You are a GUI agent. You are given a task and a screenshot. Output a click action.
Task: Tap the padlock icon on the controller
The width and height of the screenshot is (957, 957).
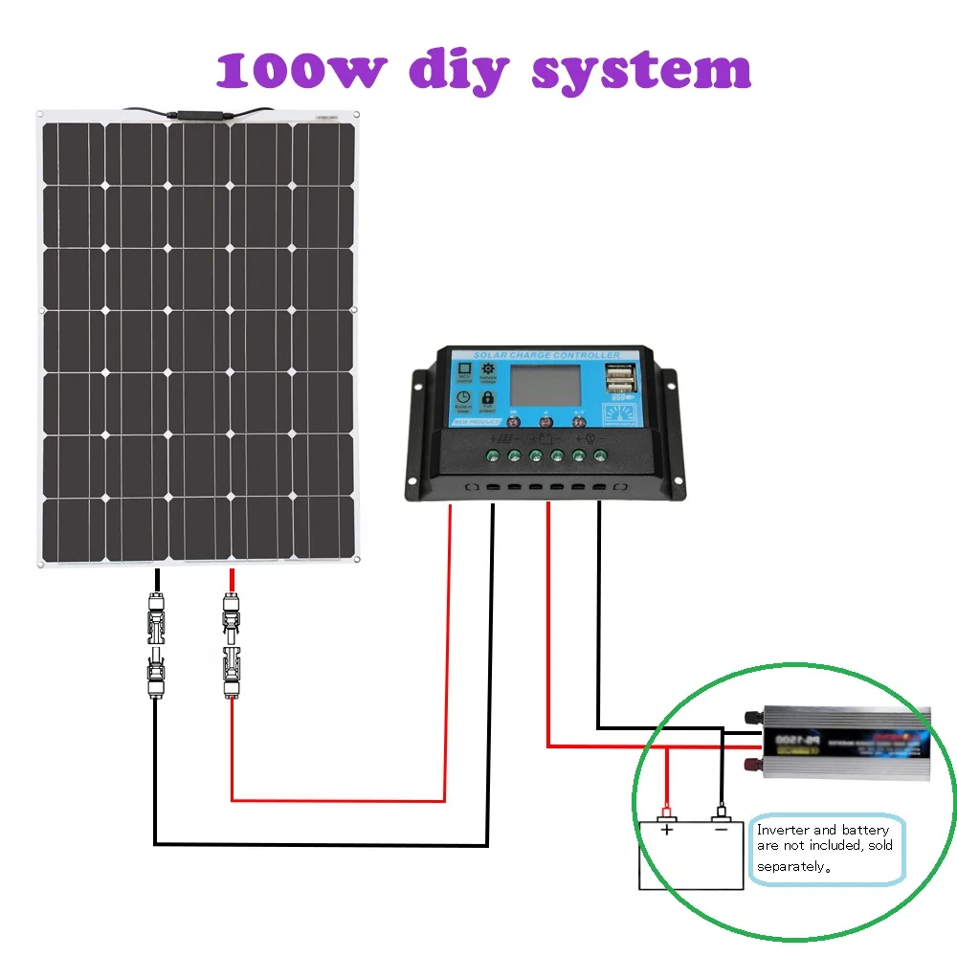pos(487,397)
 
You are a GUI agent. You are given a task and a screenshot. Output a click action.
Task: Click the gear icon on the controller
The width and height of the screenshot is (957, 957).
pos(487,369)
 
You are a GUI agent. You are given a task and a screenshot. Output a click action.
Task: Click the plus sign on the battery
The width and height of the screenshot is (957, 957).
pos(667,829)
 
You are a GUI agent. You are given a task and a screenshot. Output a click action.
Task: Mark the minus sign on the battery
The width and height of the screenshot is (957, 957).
pos(721,829)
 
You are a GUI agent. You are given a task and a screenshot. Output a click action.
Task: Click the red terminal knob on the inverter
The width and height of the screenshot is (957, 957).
pos(751,764)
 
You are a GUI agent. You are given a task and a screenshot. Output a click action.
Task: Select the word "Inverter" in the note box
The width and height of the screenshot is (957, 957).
pos(783,830)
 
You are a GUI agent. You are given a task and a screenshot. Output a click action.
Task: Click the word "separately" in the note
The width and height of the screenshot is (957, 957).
pos(790,866)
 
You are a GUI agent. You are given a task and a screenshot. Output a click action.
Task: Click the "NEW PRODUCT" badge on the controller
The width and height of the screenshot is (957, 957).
pos(475,423)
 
